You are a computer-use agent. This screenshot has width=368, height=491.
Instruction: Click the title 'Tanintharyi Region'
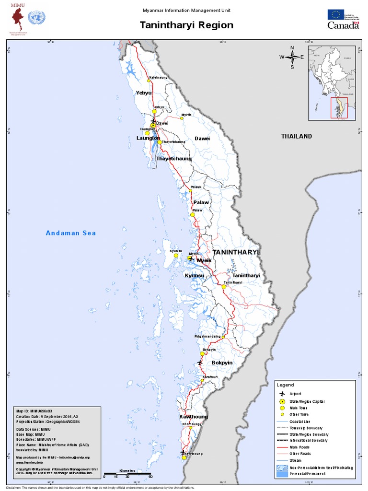pos(186,25)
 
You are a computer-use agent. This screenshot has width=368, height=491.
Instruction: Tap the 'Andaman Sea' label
pos(71,233)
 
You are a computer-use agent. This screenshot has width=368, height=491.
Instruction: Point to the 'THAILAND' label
pos(296,136)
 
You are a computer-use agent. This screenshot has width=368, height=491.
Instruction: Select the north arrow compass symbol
pos(292,57)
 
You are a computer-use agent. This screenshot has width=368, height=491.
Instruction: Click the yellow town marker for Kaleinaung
pos(149,82)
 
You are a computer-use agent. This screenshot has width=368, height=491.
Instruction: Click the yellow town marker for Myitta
pos(183,120)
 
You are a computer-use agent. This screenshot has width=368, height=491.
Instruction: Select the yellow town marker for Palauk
pos(190,191)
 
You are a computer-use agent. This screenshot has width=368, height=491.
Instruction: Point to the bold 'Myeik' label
pos(204,260)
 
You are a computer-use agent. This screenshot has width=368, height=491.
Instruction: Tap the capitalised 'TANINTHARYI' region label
pos(235,252)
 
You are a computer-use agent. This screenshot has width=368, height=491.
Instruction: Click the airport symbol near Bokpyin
pos(200,363)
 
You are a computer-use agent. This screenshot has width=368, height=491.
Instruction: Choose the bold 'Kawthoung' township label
pos(193,417)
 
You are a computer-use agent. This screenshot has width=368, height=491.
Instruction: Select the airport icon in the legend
pos(282,394)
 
